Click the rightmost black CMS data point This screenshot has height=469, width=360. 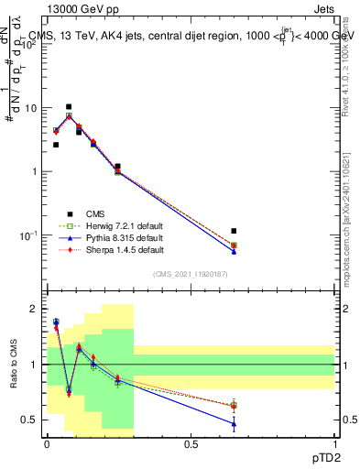click(x=235, y=231)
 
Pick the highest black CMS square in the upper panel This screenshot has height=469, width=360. click(x=69, y=107)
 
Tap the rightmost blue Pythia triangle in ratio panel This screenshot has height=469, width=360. click(x=235, y=424)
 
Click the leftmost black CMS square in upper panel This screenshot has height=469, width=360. click(x=56, y=145)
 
